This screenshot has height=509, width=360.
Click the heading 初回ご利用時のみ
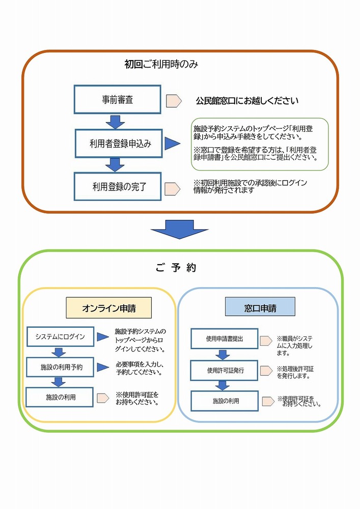coord(161,65)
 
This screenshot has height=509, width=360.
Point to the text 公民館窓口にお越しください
coord(247,101)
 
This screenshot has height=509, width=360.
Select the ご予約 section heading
coord(176,268)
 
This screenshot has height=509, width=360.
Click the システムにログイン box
coord(60,337)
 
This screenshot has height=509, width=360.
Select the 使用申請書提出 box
coord(225,338)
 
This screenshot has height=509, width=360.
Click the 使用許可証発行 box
coord(225,370)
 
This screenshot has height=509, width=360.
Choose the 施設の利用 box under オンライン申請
coord(61,397)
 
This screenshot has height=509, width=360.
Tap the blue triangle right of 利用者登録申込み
coord(173,144)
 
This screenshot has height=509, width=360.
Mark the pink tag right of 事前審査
coord(174,100)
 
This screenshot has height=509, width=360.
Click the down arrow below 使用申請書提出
coord(223,354)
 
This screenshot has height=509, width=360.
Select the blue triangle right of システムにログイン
coord(104,337)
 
